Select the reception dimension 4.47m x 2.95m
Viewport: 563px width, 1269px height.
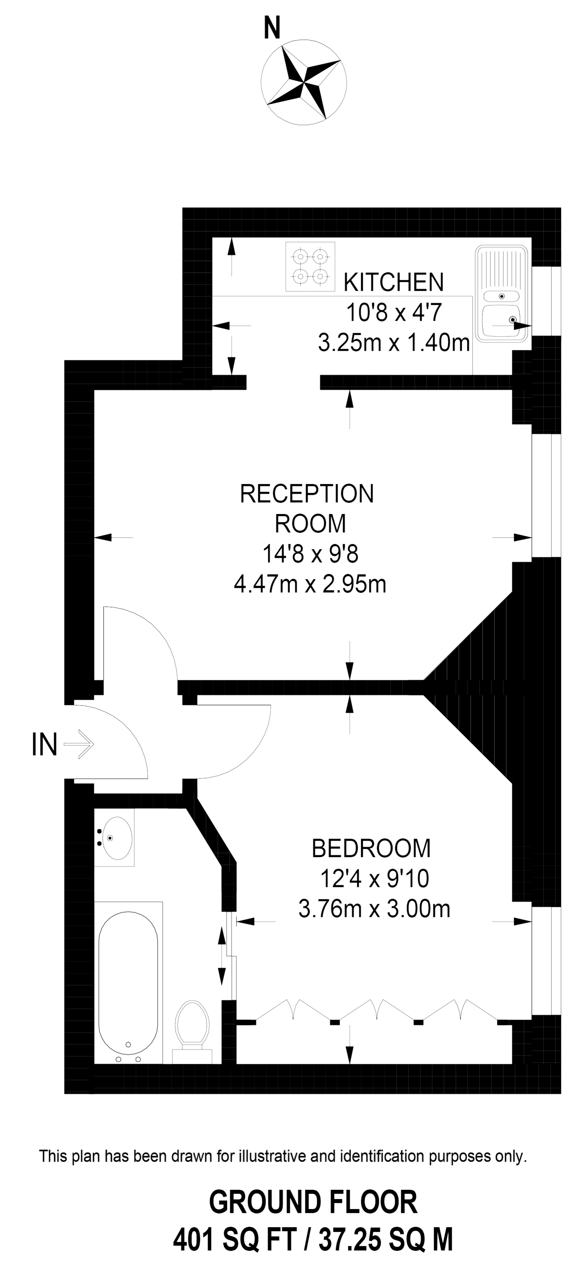(310, 585)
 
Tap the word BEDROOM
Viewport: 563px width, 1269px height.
(371, 848)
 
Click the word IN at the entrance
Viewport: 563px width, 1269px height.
(44, 744)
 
